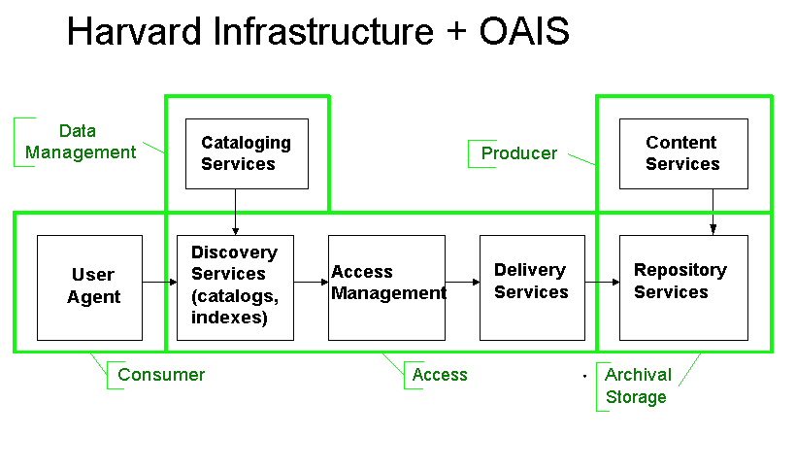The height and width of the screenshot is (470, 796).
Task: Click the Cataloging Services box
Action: tap(247, 153)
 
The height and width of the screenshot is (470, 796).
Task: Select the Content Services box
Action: tap(683, 153)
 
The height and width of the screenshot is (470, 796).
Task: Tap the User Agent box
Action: tap(90, 287)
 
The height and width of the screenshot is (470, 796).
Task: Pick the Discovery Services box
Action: tap(235, 287)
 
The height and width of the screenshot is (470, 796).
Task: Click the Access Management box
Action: tap(386, 287)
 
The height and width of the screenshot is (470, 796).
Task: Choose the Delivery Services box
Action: tap(532, 287)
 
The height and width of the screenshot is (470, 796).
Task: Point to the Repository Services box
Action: tap(683, 287)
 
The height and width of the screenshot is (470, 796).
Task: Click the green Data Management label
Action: tap(81, 142)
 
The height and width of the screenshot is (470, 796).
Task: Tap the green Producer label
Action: tap(518, 153)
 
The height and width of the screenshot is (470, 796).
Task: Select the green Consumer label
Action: tap(161, 375)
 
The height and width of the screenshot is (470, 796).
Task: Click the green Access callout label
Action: tap(440, 375)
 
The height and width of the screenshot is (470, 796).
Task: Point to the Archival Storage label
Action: tap(638, 386)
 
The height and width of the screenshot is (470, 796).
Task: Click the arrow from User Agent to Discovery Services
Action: tap(159, 282)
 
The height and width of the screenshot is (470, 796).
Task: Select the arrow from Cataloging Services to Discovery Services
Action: tap(236, 212)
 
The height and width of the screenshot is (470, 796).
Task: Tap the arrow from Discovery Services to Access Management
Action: tap(311, 282)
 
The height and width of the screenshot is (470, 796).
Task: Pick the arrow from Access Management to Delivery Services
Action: tap(462, 282)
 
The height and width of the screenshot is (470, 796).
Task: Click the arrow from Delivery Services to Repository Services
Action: tap(602, 282)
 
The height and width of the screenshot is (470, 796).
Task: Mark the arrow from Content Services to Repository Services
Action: tap(713, 212)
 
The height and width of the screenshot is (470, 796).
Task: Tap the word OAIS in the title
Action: tap(524, 31)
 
